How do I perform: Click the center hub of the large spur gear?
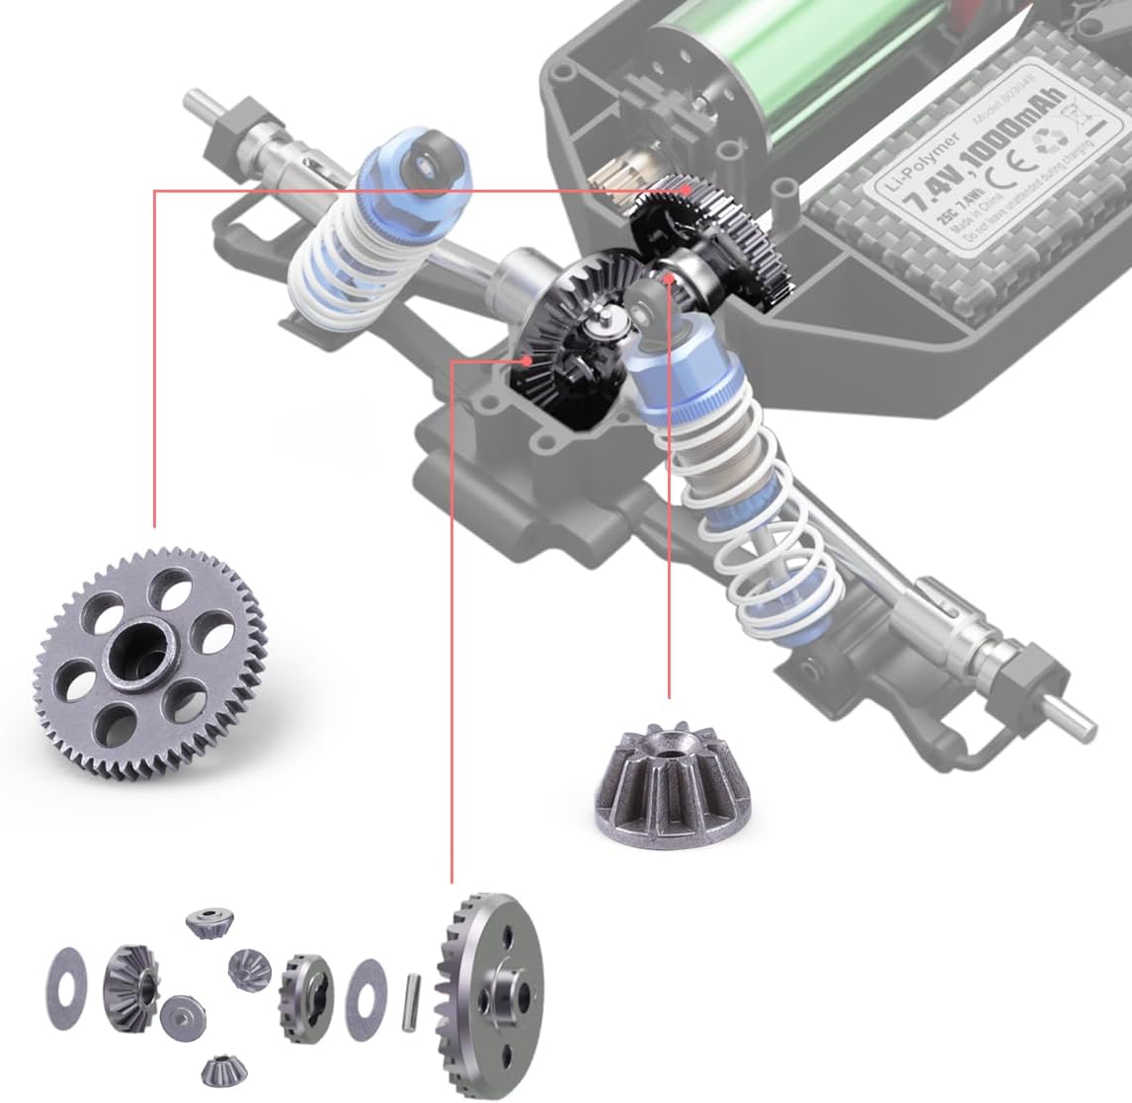click(x=132, y=653)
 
